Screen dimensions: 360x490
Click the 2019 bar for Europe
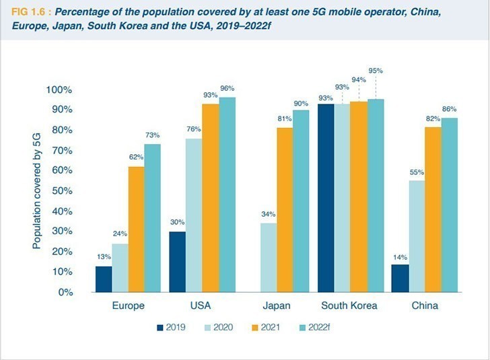(103, 279)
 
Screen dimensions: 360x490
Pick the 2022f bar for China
(449, 205)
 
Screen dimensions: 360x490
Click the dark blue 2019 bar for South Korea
(326, 198)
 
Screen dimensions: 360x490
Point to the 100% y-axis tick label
(59, 90)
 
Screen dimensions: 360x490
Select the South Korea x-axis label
(349, 305)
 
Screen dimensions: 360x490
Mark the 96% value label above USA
(227, 88)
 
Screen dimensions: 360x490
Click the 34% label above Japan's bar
(268, 215)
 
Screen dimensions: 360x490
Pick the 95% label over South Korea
(376, 71)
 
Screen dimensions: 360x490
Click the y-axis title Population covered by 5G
(38, 190)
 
